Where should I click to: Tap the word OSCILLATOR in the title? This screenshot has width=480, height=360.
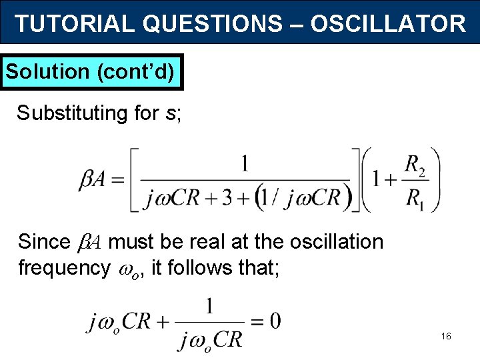tap(388, 24)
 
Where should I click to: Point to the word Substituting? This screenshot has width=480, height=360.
tap(73, 113)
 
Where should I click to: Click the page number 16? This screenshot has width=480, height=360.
tap(446, 336)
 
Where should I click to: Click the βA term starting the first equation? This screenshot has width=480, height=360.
tap(94, 181)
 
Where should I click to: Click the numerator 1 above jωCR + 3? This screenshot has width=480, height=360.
tap(245, 163)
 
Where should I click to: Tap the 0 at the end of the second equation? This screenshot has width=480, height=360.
tap(275, 321)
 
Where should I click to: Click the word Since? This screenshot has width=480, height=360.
tap(44, 241)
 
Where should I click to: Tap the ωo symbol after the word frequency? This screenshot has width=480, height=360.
tap(126, 269)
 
